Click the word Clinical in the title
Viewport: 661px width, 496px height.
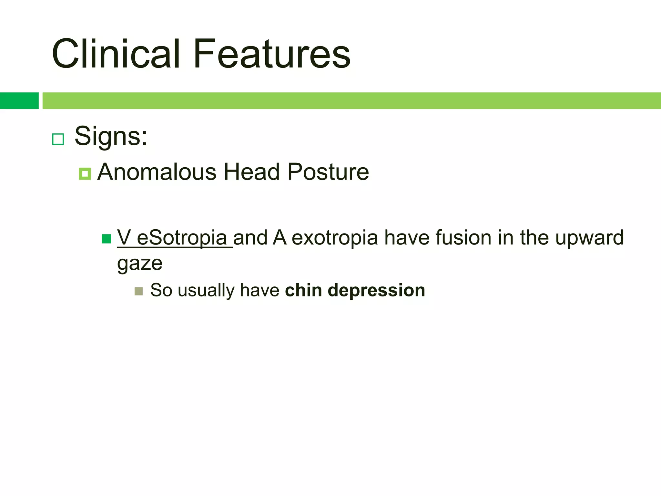click(x=116, y=54)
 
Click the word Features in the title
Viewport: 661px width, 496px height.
click(x=272, y=54)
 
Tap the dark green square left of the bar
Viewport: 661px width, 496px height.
click(x=19, y=101)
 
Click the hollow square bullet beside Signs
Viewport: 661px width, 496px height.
click(x=58, y=139)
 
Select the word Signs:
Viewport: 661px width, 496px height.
click(x=111, y=137)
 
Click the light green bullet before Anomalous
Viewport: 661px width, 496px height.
click(x=85, y=174)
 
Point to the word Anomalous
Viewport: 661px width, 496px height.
click(x=157, y=172)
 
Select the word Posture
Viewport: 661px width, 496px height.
click(x=328, y=172)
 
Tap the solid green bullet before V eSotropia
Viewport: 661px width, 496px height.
click(x=107, y=239)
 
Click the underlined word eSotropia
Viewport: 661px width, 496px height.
click(x=182, y=238)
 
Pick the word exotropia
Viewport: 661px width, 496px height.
click(x=335, y=238)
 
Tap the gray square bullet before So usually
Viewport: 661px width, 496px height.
click(x=138, y=291)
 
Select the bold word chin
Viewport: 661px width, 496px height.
click(x=303, y=290)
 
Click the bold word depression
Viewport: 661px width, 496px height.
click(x=376, y=290)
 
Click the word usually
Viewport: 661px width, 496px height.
click(x=206, y=291)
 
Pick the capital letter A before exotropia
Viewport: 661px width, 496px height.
click(x=280, y=238)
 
